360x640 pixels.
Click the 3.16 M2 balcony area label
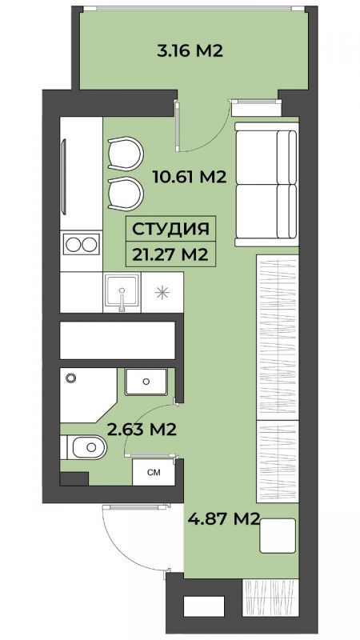tap(190, 51)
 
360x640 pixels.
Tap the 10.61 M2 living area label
tap(190, 177)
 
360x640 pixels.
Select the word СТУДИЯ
tap(170, 230)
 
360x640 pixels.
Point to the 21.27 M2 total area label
tap(170, 254)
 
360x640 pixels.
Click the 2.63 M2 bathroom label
tap(142, 429)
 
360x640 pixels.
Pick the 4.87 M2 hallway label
tap(224, 519)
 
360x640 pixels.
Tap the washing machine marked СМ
tap(154, 473)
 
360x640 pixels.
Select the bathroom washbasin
tap(146, 382)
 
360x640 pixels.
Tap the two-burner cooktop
tap(82, 245)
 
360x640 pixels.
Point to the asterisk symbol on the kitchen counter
tap(162, 292)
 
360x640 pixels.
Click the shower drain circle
tap(71, 378)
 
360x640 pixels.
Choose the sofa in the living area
tap(266, 185)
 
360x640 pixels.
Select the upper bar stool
tap(126, 153)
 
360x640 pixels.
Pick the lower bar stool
tap(126, 194)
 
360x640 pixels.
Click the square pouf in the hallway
tap(278, 536)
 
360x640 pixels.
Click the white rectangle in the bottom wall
tap(204, 606)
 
